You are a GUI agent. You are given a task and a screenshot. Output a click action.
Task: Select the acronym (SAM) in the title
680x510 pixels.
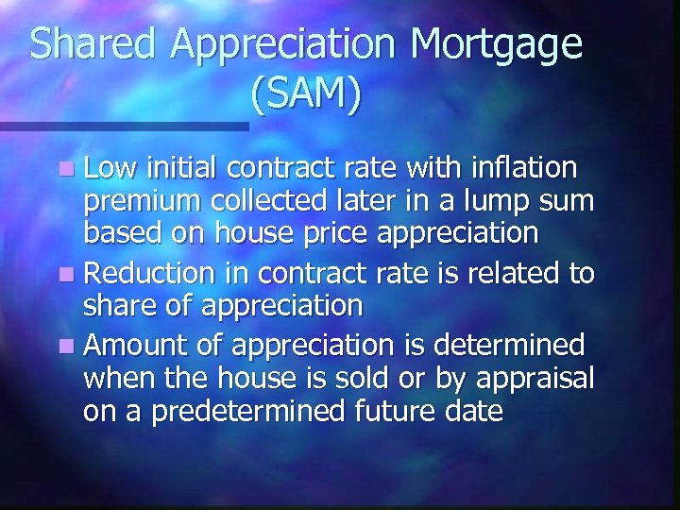pos(307,94)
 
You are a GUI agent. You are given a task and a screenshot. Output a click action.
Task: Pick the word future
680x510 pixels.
pos(397,413)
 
